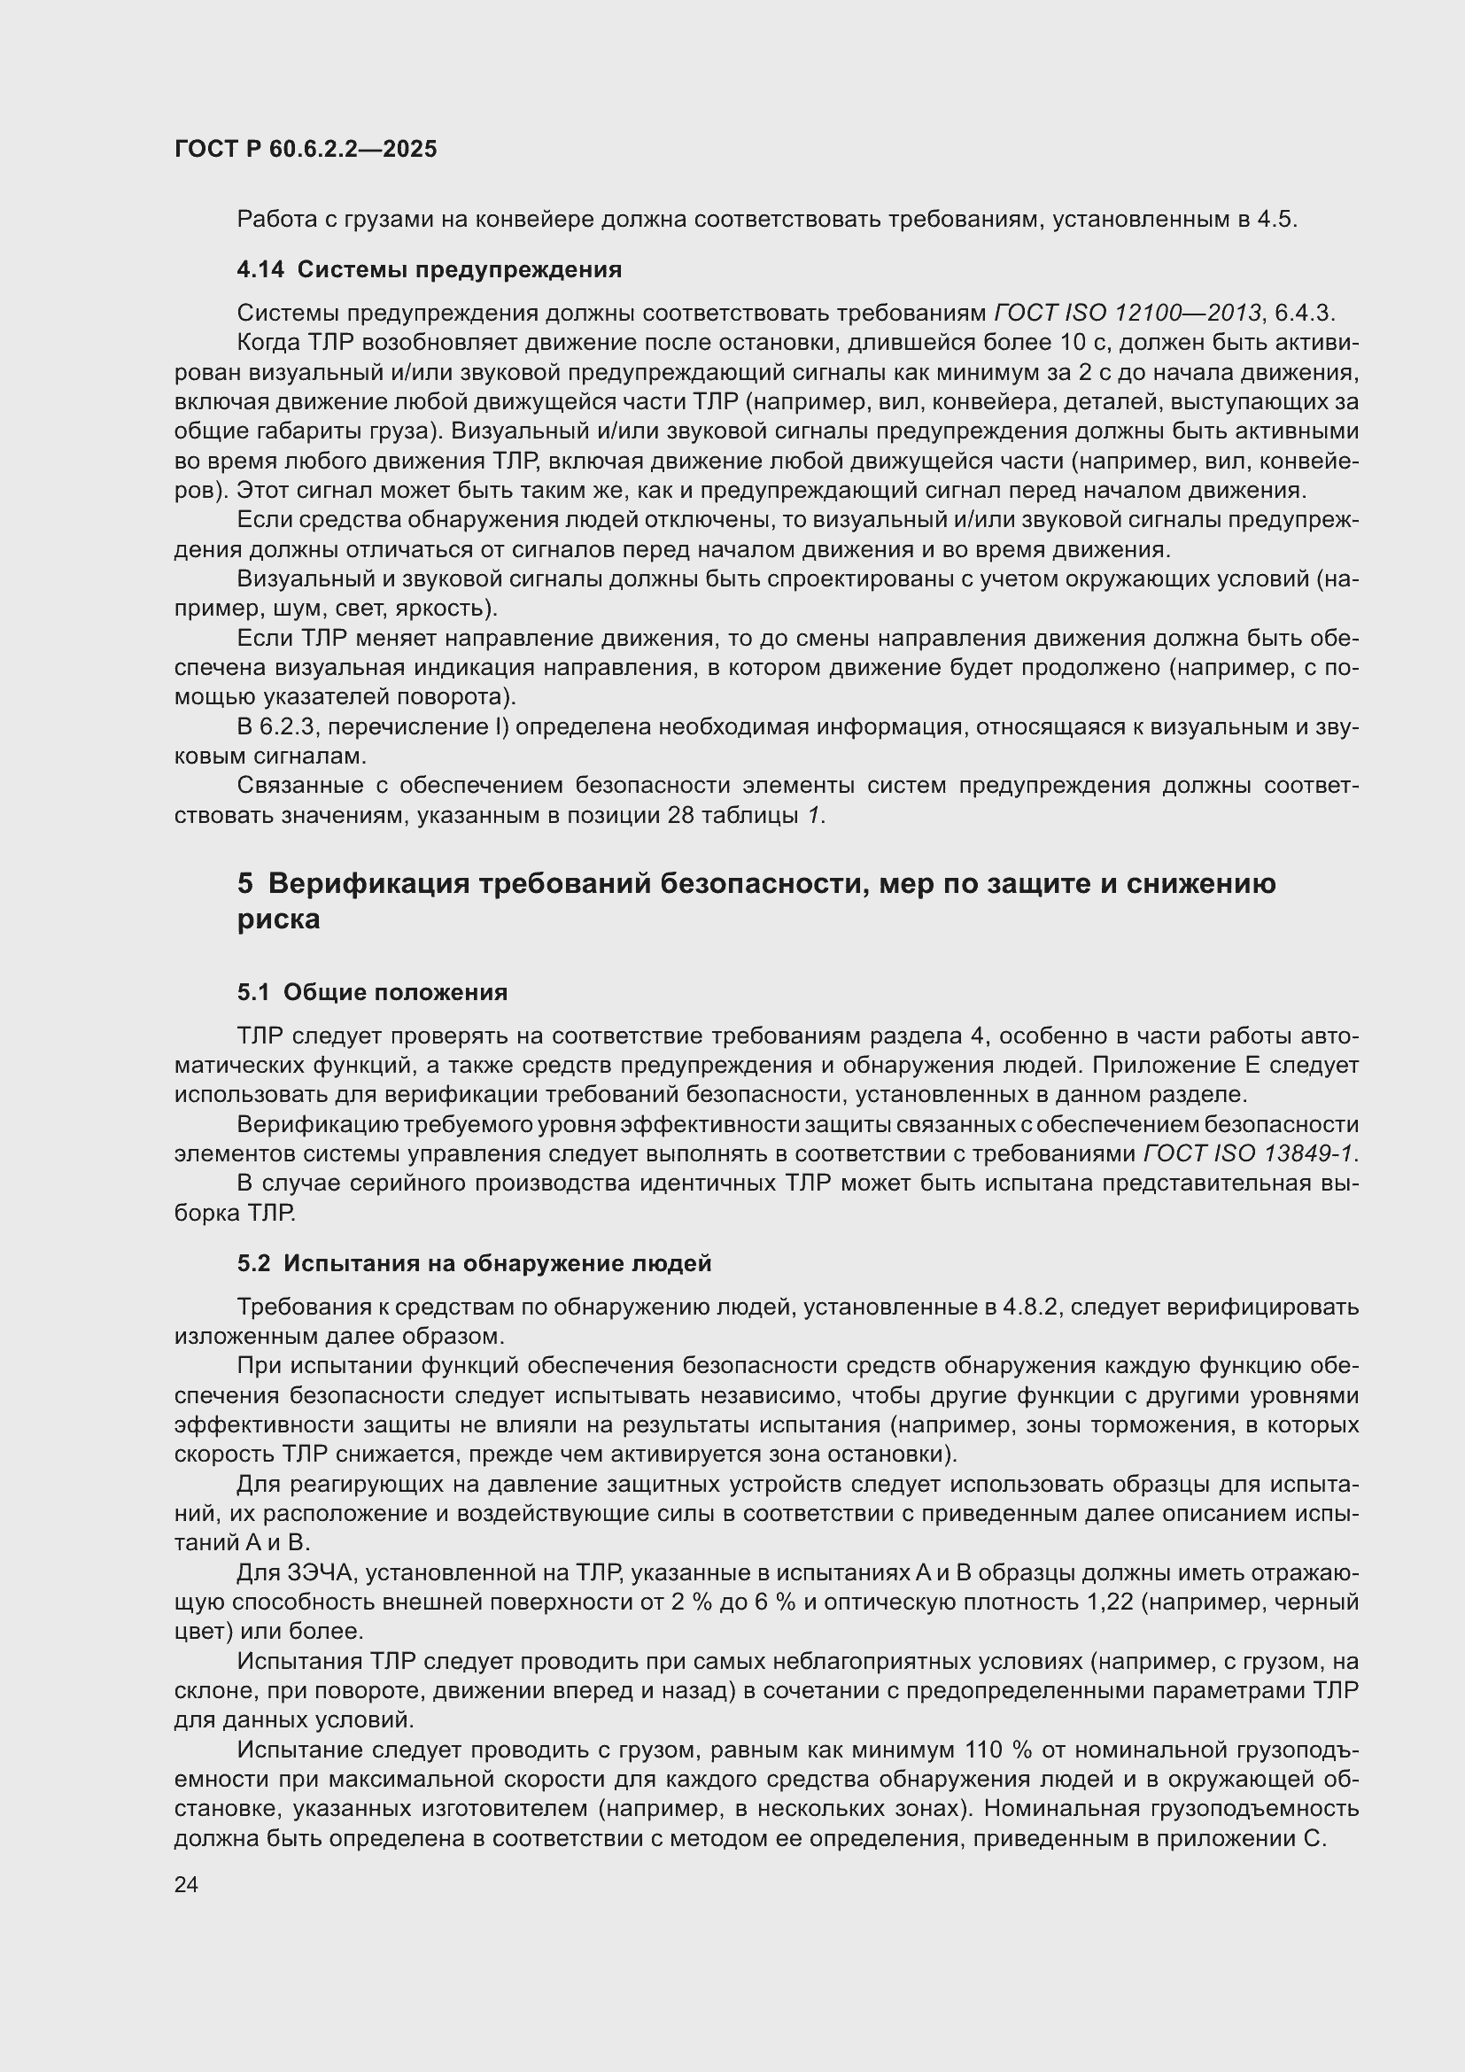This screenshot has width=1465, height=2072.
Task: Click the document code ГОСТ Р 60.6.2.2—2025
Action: click(305, 149)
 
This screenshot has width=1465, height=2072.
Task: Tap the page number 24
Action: click(186, 1884)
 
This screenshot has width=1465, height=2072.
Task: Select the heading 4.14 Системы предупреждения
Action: click(429, 269)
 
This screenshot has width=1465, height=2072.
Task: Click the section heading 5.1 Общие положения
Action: click(372, 992)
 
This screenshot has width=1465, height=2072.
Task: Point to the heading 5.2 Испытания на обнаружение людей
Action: click(474, 1263)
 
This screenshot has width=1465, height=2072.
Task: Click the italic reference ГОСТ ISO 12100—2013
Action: click(1127, 313)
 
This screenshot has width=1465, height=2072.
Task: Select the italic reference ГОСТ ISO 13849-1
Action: click(1249, 1154)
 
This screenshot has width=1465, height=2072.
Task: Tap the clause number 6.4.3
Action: click(1304, 313)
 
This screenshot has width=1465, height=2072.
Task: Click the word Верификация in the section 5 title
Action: click(368, 883)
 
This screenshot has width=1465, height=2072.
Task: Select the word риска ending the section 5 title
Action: click(278, 920)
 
